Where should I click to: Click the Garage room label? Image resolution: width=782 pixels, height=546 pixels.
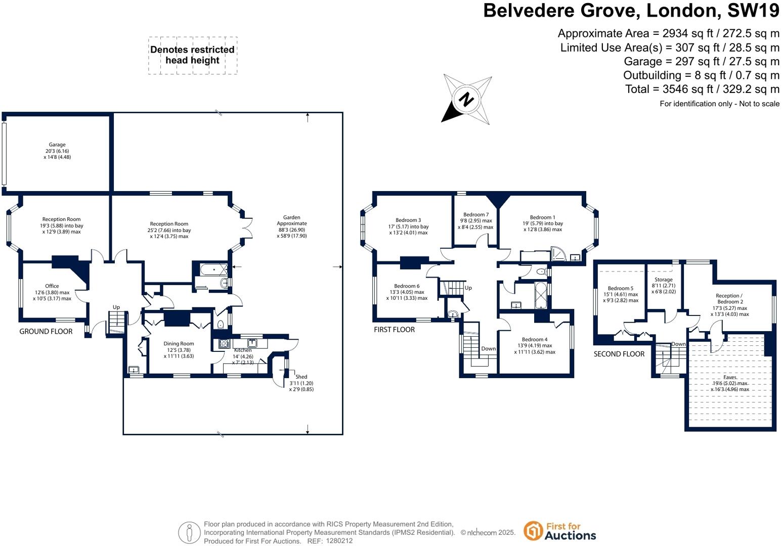pyautogui.click(x=57, y=145)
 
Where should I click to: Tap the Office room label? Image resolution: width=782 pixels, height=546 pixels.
pyautogui.click(x=52, y=286)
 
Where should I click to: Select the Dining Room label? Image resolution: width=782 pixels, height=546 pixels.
pyautogui.click(x=179, y=344)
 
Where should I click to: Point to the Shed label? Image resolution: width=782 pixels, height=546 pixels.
pyautogui.click(x=301, y=377)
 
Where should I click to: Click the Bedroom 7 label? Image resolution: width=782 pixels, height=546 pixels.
pyautogui.click(x=476, y=215)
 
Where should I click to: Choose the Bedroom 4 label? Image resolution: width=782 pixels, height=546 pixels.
pyautogui.click(x=535, y=340)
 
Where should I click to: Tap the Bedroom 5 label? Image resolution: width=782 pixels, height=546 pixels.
pyautogui.click(x=621, y=288)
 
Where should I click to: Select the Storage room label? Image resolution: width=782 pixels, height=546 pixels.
pyautogui.click(x=664, y=280)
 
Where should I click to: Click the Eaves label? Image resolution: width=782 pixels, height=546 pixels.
pyautogui.click(x=730, y=377)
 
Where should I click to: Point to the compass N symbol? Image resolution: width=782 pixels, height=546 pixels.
pyautogui.click(x=466, y=99)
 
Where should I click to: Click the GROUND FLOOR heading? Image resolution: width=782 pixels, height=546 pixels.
pyautogui.click(x=46, y=332)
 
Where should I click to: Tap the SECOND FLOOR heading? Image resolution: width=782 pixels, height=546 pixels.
pyautogui.click(x=619, y=354)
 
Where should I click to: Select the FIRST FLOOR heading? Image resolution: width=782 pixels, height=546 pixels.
pyautogui.click(x=394, y=330)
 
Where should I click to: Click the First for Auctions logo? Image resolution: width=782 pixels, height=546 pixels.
pyautogui.click(x=560, y=531)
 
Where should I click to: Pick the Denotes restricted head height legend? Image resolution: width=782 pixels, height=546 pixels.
pyautogui.click(x=193, y=55)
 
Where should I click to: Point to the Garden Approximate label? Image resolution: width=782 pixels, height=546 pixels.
pyautogui.click(x=292, y=220)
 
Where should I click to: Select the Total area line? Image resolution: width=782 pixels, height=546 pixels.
pyautogui.click(x=703, y=89)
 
